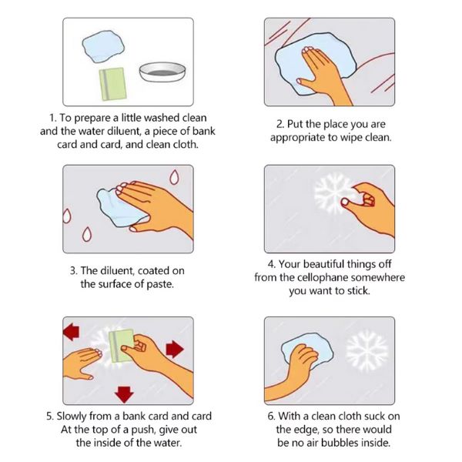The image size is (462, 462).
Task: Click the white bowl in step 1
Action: [162, 72]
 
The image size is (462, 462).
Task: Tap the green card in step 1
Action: [113, 84]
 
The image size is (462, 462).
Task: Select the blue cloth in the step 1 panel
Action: [103, 46]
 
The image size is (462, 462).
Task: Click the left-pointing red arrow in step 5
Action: [72, 332]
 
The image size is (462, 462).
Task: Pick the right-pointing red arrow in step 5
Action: [175, 349]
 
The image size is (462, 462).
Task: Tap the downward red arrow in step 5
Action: [124, 394]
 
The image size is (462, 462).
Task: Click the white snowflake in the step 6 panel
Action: [367, 350]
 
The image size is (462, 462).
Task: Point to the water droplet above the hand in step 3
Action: [174, 177]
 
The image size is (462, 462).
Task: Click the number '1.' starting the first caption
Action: [52, 118]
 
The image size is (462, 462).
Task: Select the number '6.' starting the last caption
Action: [271, 416]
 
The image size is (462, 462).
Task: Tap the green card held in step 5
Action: [121, 346]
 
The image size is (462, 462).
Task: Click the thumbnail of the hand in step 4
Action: [344, 202]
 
